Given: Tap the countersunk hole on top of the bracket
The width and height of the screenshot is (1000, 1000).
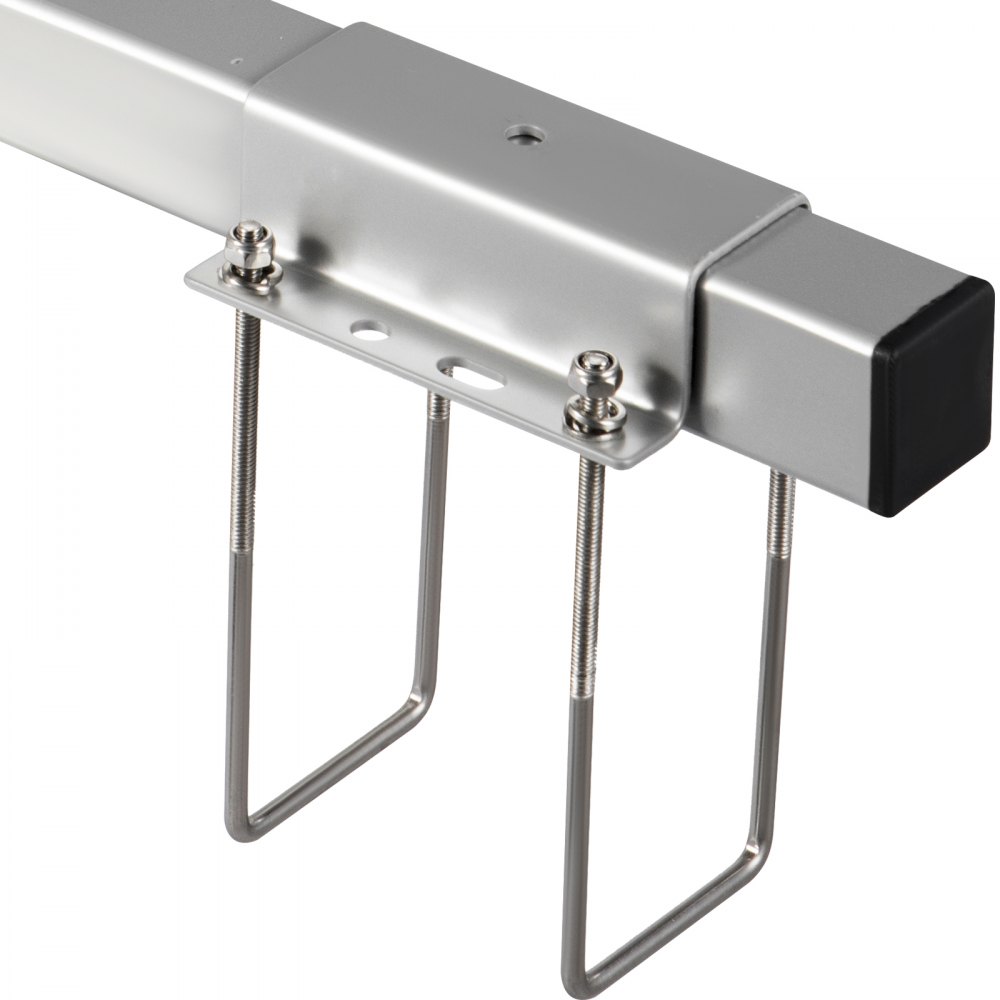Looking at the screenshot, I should (x=519, y=134).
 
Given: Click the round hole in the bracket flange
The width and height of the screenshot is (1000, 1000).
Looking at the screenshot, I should (x=369, y=327).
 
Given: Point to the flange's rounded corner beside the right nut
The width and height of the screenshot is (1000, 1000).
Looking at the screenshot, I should (x=629, y=460).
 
